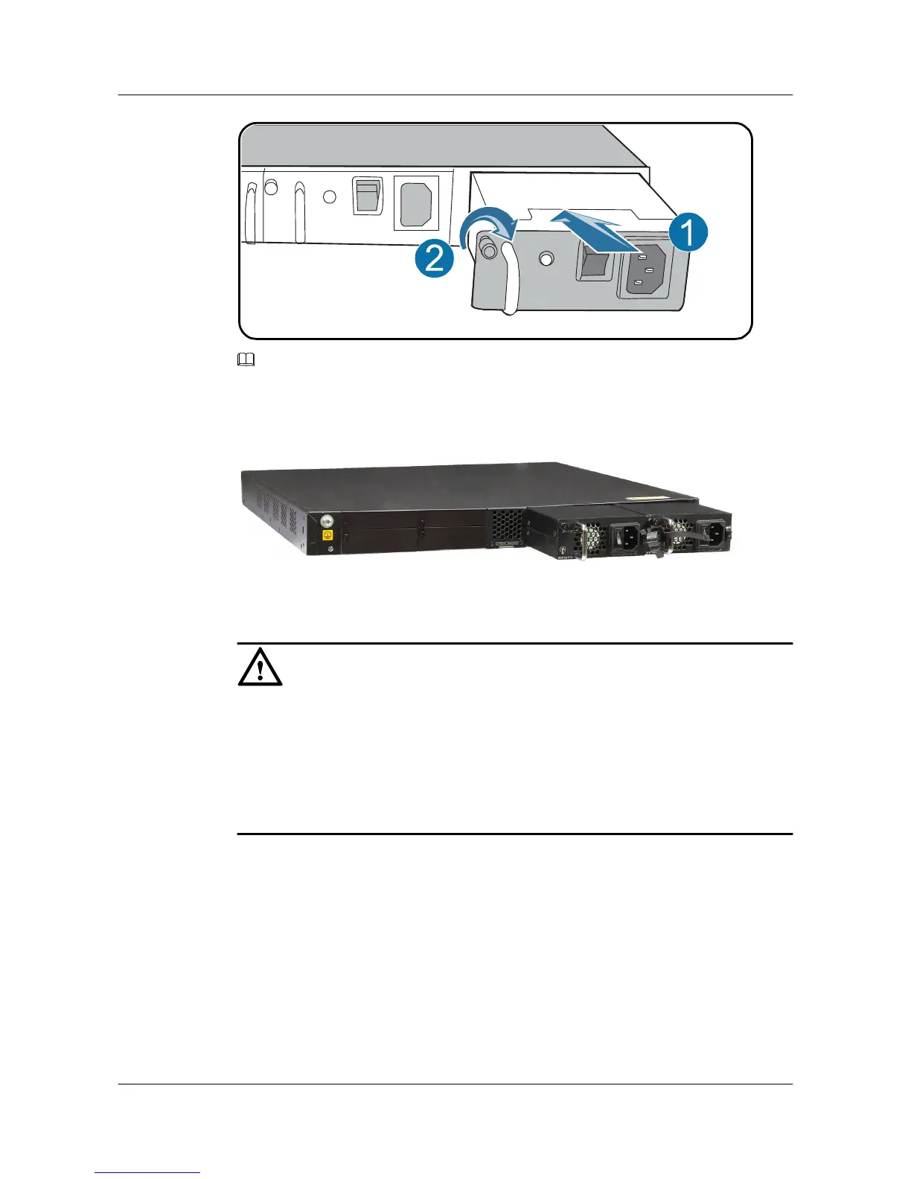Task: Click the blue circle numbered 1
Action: [688, 233]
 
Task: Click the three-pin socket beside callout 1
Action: [646, 272]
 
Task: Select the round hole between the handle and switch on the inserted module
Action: [547, 259]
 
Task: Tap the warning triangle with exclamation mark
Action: [260, 667]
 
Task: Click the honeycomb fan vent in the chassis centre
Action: [506, 525]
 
